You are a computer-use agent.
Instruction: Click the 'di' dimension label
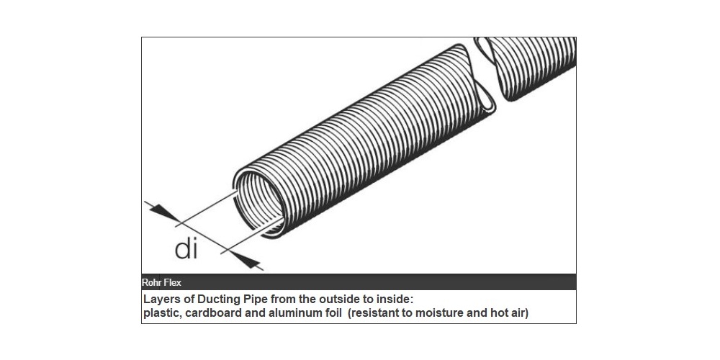(x=186, y=248)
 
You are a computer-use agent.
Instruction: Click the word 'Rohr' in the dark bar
(x=153, y=282)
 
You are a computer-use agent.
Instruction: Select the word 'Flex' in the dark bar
(x=172, y=282)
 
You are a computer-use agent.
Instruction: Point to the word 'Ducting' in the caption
(x=215, y=299)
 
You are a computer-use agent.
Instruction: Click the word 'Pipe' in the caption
(x=252, y=299)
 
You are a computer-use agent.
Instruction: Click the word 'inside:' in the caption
(x=390, y=299)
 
